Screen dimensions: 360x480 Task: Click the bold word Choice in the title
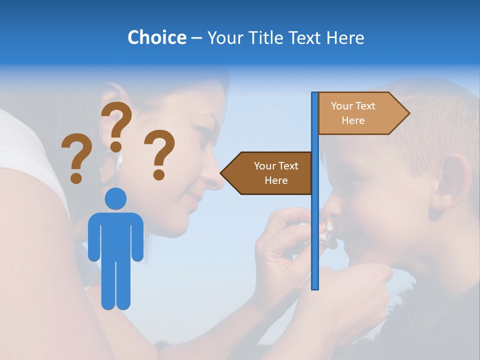click(156, 37)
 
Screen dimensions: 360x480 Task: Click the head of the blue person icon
click(115, 199)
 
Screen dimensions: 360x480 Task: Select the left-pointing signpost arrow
click(267, 173)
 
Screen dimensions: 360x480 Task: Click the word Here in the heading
click(345, 37)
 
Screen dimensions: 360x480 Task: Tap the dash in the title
click(196, 38)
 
